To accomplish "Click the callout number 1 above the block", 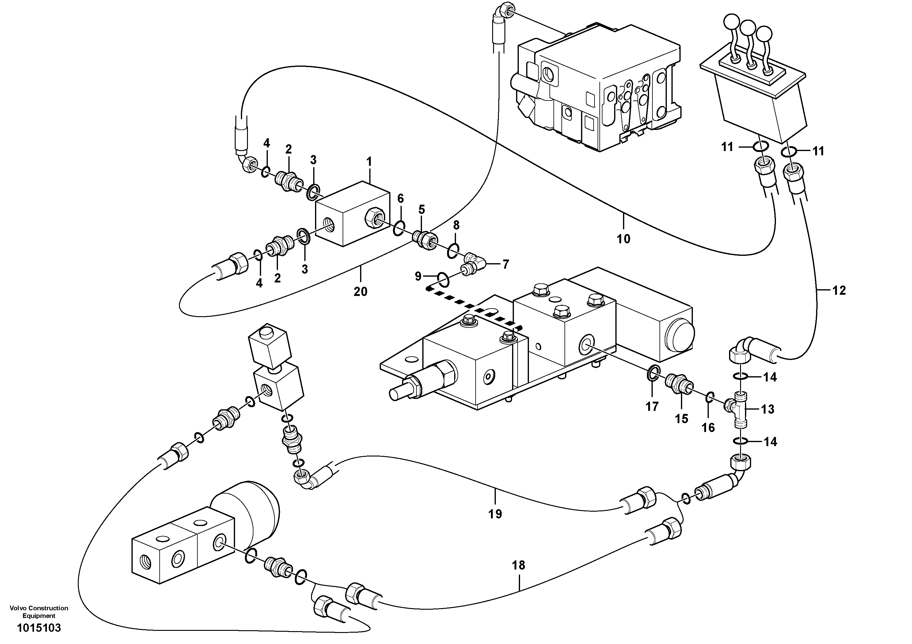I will click(x=369, y=162).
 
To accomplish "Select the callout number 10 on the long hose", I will click(x=623, y=239).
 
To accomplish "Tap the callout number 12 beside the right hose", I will click(x=839, y=291).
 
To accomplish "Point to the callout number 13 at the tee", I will click(x=768, y=409).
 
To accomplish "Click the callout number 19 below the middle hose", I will click(x=495, y=514).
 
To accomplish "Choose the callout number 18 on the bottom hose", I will click(x=518, y=565).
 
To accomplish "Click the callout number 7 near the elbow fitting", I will click(x=505, y=264).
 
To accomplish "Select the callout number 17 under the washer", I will click(x=652, y=406).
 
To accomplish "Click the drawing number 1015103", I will click(x=39, y=628).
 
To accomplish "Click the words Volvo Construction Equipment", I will click(x=39, y=612).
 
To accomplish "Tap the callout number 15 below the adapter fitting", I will click(x=682, y=419).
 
